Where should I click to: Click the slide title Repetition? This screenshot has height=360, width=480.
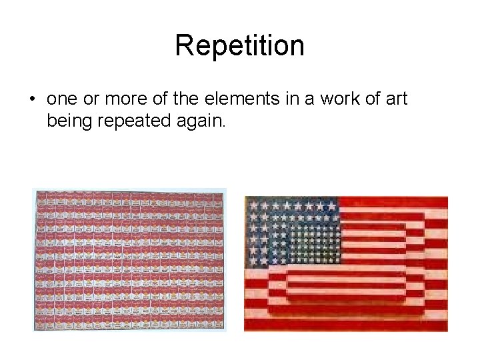point(239,46)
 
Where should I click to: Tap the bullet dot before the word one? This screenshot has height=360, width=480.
point(32,99)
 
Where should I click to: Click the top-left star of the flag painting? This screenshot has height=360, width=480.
point(253,205)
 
